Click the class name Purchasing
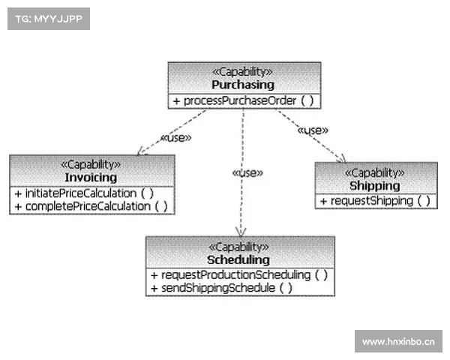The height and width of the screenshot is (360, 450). (243, 85)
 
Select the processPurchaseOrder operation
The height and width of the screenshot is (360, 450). (243, 100)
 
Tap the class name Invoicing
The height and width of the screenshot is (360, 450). (91, 178)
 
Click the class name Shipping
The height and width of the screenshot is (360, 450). (375, 185)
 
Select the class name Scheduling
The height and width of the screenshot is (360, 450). (239, 259)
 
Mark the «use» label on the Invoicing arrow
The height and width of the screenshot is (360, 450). (176, 137)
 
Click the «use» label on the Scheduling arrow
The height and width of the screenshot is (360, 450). (247, 172)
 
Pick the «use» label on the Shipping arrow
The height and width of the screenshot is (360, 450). (313, 130)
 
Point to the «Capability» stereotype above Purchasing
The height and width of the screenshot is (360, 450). (243, 72)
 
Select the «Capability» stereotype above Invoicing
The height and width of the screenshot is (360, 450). (91, 165)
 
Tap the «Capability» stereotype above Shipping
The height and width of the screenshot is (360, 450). (375, 172)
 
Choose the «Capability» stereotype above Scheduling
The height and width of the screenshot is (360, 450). (239, 247)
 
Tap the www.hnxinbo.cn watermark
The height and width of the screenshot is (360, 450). (398, 342)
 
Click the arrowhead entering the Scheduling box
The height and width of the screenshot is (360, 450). (240, 232)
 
